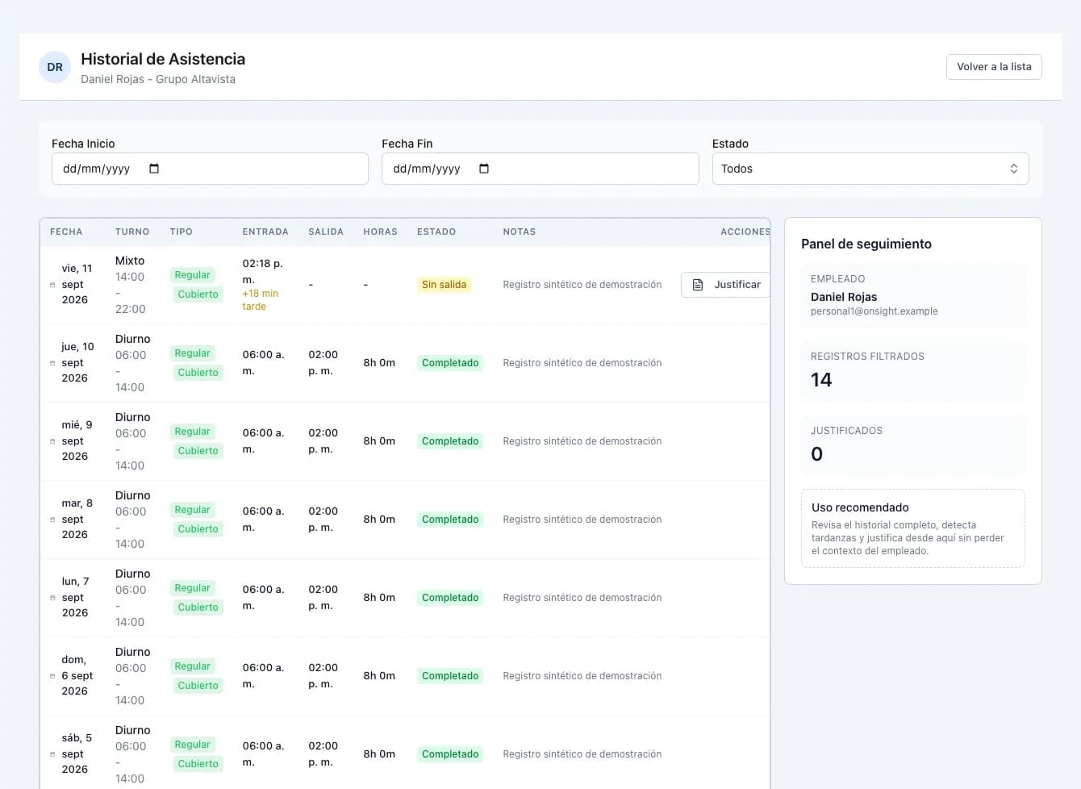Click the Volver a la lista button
point(994,67)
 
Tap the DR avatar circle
point(55,67)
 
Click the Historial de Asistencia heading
point(163,59)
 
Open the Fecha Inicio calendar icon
point(154,169)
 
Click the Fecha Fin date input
point(540,169)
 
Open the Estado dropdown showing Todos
point(870,169)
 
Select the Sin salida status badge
point(444,285)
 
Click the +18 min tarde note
point(260,299)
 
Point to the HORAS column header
point(380,232)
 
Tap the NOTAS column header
point(520,232)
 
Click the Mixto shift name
point(130,261)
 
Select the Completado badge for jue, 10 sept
point(450,363)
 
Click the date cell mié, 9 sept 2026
point(77,440)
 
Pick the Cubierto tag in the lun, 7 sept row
point(198,607)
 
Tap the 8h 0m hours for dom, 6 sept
point(379,675)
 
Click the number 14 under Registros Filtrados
point(821,380)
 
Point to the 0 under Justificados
point(816,454)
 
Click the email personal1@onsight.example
point(874,311)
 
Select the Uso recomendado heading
point(860,507)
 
